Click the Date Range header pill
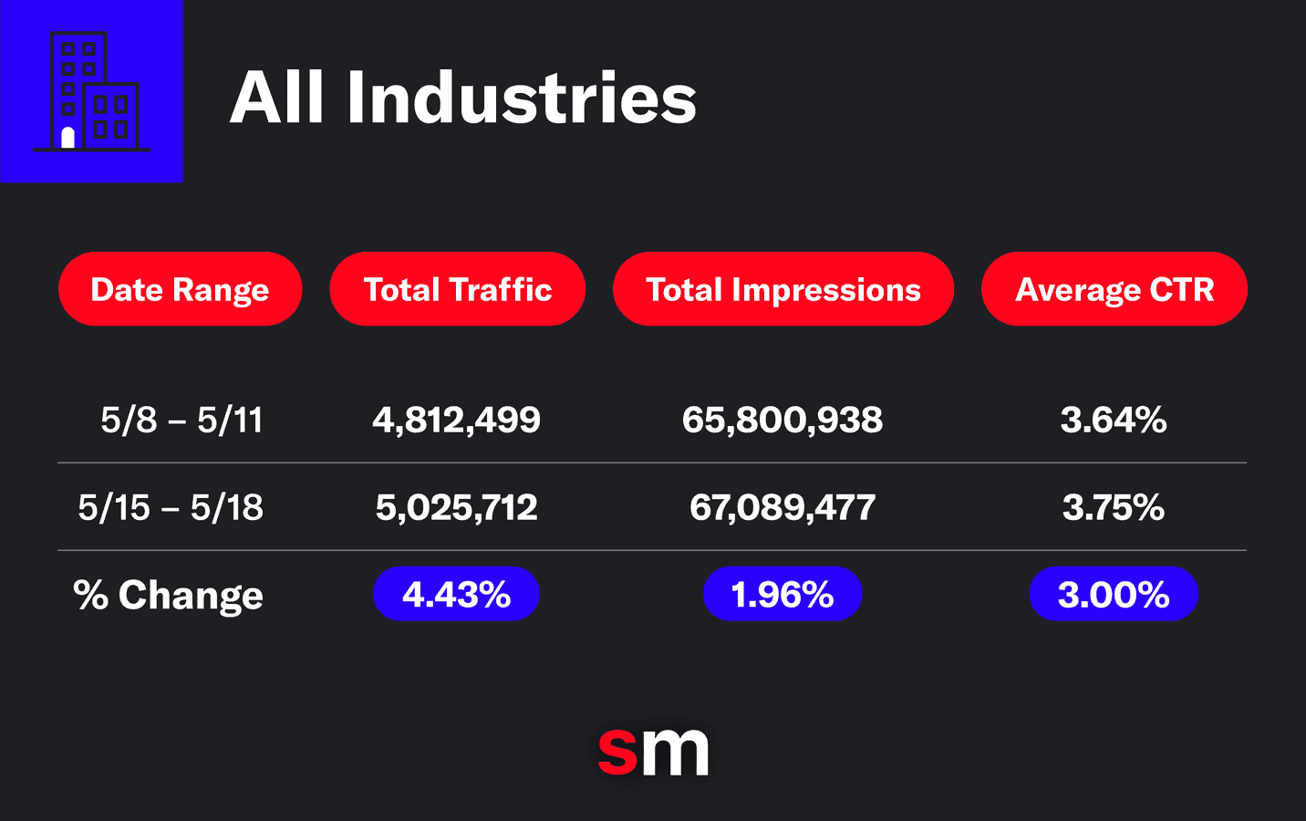pos(180,289)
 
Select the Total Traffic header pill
pos(457,289)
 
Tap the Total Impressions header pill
pos(783,289)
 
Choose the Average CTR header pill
pos(1114,289)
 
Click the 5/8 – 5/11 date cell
pos(181,421)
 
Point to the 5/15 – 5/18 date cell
pos(171,507)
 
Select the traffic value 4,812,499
pos(456,421)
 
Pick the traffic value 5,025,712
pos(456,507)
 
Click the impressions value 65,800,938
pos(783,421)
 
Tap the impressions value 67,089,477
pos(783,507)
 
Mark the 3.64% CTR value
pos(1113,421)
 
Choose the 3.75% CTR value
pos(1113,507)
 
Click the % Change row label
pos(168,595)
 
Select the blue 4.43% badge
pos(456,595)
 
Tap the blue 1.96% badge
pos(783,595)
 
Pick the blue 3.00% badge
pos(1113,595)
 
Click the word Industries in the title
pos(521,98)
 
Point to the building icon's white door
pos(67,138)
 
